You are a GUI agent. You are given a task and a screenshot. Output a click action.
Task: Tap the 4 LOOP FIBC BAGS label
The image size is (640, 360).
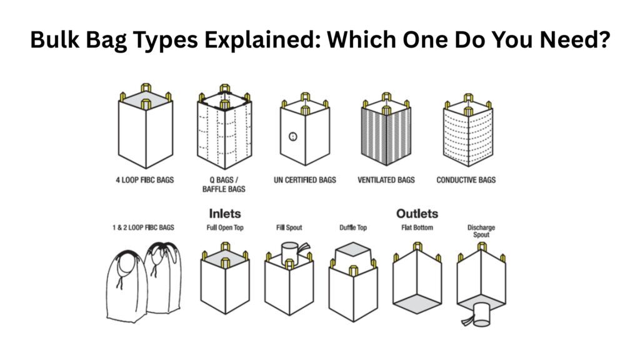tap(145, 180)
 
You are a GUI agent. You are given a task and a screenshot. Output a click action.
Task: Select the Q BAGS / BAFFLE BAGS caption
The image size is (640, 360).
tap(224, 184)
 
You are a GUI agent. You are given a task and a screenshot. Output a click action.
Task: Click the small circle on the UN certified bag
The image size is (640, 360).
tap(292, 137)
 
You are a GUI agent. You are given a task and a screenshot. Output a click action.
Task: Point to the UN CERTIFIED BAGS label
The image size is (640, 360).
tap(305, 180)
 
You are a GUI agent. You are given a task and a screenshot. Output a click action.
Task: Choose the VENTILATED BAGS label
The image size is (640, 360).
tap(386, 180)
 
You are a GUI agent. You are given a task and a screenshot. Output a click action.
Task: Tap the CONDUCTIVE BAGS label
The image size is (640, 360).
tap(466, 180)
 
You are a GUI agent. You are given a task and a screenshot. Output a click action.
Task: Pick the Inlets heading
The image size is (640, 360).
tap(225, 214)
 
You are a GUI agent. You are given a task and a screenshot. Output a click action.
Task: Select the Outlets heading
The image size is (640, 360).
tap(417, 214)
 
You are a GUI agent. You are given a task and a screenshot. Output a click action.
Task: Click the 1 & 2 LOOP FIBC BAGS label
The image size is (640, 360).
tap(143, 227)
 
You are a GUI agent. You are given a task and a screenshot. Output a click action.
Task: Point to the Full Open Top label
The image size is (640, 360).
tap(225, 227)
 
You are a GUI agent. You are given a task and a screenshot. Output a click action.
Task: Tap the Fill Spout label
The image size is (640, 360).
tap(289, 227)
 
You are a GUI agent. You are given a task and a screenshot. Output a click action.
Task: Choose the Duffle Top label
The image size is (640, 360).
tap(353, 227)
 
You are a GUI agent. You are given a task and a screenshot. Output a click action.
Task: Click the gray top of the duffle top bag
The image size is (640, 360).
tap(353, 249)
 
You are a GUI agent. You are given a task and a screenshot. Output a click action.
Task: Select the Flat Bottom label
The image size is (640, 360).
tap(417, 227)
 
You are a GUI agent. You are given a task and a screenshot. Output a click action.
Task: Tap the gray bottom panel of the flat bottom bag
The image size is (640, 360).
tap(417, 304)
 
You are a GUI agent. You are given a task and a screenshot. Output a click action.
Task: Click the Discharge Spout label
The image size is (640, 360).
tap(481, 231)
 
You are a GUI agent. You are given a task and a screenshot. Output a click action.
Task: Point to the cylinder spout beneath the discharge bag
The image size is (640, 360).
tap(482, 314)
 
